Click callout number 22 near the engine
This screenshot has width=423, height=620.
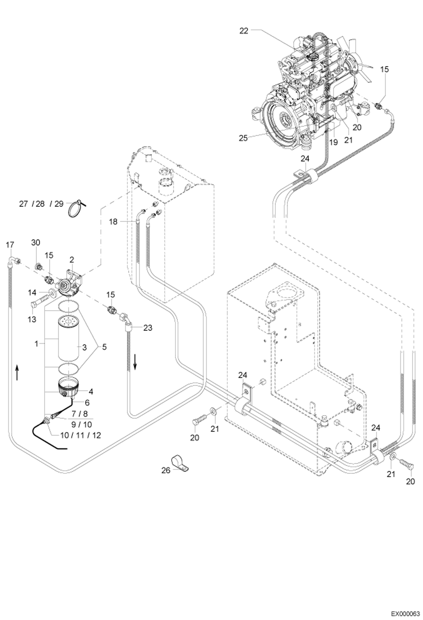click(244, 31)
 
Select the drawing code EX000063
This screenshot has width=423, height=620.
click(405, 612)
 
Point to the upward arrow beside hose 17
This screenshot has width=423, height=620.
click(17, 372)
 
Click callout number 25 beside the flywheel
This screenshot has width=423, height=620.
click(243, 138)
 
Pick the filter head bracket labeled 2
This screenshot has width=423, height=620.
click(74, 277)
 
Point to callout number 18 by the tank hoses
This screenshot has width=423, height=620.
click(113, 222)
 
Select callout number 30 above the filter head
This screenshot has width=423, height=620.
click(36, 242)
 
